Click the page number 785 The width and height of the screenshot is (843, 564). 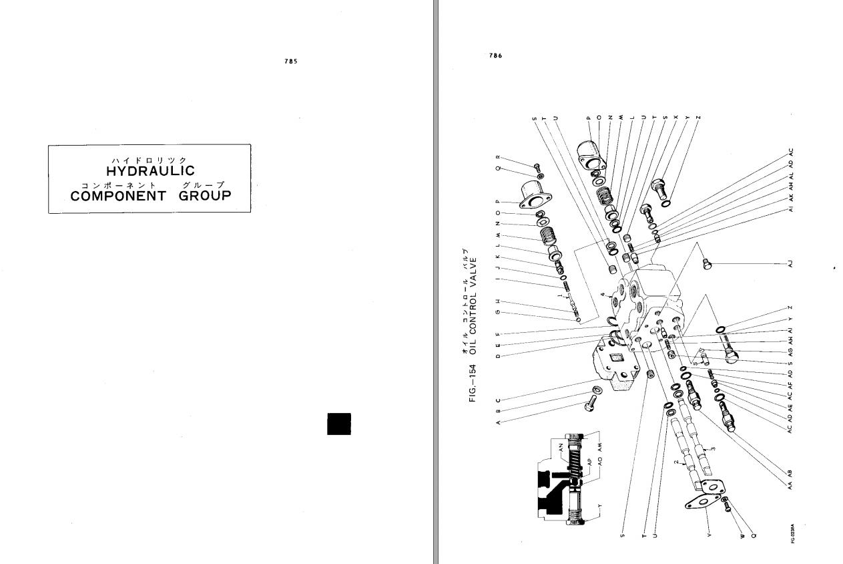tap(290, 61)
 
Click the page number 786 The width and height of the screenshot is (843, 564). tap(495, 56)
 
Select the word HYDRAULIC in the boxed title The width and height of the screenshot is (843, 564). tap(150, 172)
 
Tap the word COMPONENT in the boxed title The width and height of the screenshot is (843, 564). tap(118, 196)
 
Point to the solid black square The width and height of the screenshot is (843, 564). tap(339, 424)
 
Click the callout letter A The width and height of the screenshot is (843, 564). tap(498, 423)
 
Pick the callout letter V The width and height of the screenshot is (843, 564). tap(709, 534)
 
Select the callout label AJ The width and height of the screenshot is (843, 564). tap(790, 265)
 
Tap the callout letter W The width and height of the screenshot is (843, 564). tap(741, 534)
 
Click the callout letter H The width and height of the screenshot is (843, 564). tap(498, 301)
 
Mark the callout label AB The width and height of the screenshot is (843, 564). tap(790, 473)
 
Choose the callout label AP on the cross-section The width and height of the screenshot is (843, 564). tap(590, 461)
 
